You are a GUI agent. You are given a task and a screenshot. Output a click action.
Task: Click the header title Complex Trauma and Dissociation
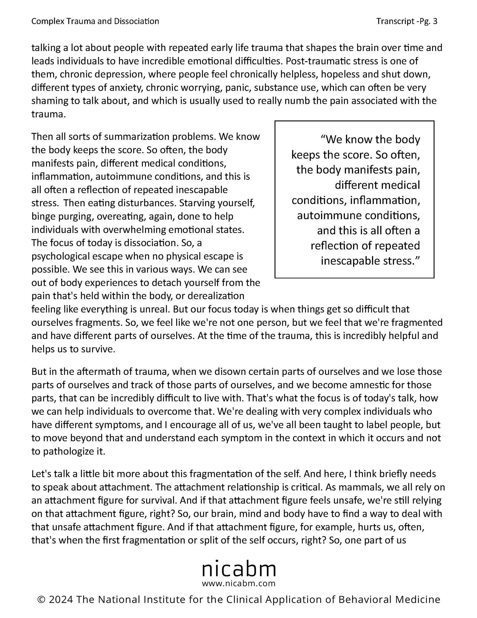95,21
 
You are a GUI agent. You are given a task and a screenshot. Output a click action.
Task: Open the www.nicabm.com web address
238,583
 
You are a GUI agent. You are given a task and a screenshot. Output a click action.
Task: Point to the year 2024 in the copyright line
61,599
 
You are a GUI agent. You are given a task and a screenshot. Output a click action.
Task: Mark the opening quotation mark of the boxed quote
323,139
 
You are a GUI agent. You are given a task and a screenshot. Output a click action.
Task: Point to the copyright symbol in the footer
41,599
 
